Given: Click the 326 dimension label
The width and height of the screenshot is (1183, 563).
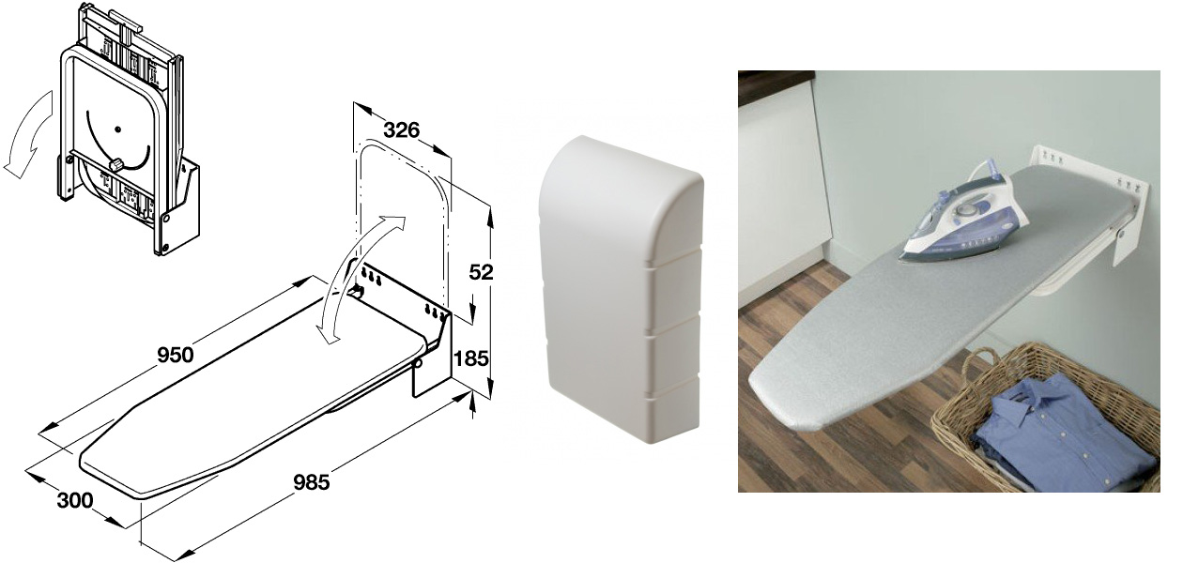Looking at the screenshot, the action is coord(401,129).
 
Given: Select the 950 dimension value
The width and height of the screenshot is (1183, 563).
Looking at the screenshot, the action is coord(176,355).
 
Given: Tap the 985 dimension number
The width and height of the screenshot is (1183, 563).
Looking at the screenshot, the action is coord(311,481).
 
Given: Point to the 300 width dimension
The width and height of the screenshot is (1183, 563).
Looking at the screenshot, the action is coord(74,500).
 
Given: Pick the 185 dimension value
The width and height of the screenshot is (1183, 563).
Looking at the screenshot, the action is coord(471,358).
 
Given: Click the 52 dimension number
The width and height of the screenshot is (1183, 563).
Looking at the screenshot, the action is coord(481,272).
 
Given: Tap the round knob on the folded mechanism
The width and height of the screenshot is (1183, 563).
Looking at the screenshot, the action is coord(115,165).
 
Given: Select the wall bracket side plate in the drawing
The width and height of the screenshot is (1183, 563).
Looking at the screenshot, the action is coord(432,354).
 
